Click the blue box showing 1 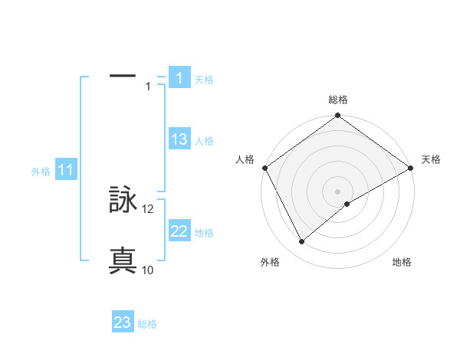179,77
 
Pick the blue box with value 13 179,139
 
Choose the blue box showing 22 179,231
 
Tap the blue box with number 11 66,170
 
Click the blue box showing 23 123,322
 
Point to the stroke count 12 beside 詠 148,209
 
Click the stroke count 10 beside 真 148,270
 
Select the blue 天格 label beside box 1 204,79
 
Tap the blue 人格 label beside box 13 204,141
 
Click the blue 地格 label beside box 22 204,233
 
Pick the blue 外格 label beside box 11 41,172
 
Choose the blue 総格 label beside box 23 147,324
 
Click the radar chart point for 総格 337,116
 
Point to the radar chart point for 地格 347,204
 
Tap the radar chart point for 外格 302,241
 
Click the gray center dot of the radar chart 337,191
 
